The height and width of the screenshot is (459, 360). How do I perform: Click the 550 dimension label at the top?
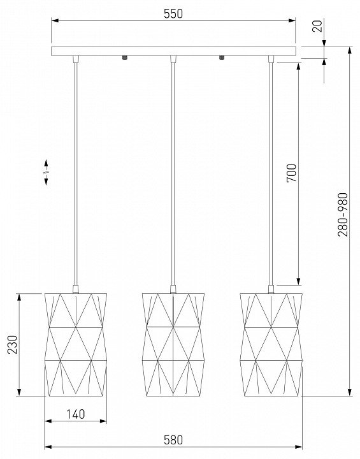tap(173, 14)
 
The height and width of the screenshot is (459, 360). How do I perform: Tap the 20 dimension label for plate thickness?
tap(318, 25)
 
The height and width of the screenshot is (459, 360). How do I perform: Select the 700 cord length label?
tap(292, 173)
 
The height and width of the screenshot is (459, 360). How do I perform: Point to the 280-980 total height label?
tap(343, 215)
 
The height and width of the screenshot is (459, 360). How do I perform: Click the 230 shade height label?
tap(13, 344)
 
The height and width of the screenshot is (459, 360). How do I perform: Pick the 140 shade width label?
tap(76, 414)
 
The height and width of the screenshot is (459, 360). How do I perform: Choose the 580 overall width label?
tap(173, 440)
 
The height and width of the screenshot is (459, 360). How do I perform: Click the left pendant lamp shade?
tap(76, 344)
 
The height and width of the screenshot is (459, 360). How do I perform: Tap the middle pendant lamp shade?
tap(173, 344)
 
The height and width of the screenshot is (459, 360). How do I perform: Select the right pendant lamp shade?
tap(271, 344)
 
